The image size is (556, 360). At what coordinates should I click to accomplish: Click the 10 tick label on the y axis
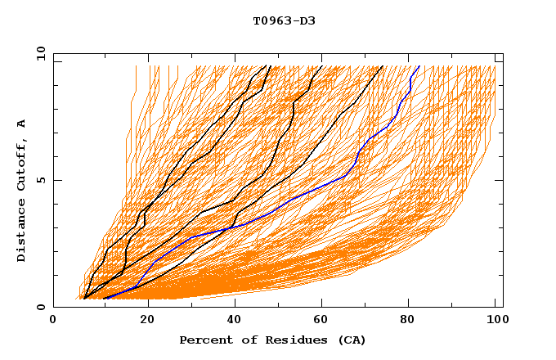point(40,53)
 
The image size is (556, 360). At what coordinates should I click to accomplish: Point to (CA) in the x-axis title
point(352,340)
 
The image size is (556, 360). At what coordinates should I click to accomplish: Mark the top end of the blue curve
point(419,65)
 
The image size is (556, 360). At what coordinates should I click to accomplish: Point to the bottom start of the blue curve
point(104,299)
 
